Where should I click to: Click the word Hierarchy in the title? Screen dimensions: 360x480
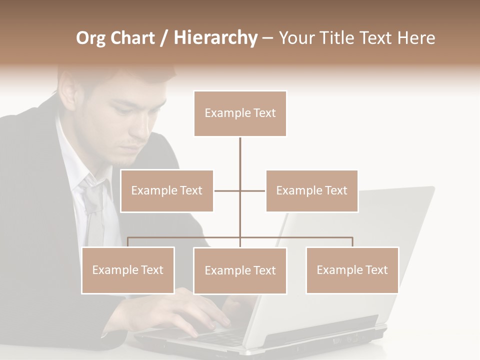pos(215,38)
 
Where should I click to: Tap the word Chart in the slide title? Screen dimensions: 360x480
pos(133,38)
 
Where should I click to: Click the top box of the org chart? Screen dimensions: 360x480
pos(240,113)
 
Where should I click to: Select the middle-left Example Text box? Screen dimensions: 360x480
pos(167,191)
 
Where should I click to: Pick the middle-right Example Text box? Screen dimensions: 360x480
pos(311,191)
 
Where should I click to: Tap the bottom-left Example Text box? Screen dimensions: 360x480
pos(128,270)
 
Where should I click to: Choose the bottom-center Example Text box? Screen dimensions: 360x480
pos(240,271)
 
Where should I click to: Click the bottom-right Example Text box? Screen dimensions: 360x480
pos(352,270)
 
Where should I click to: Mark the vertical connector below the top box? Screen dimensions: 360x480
pos(240,160)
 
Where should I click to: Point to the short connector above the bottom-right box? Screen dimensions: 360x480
pos(352,242)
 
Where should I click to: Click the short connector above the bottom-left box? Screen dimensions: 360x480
pos(128,242)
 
